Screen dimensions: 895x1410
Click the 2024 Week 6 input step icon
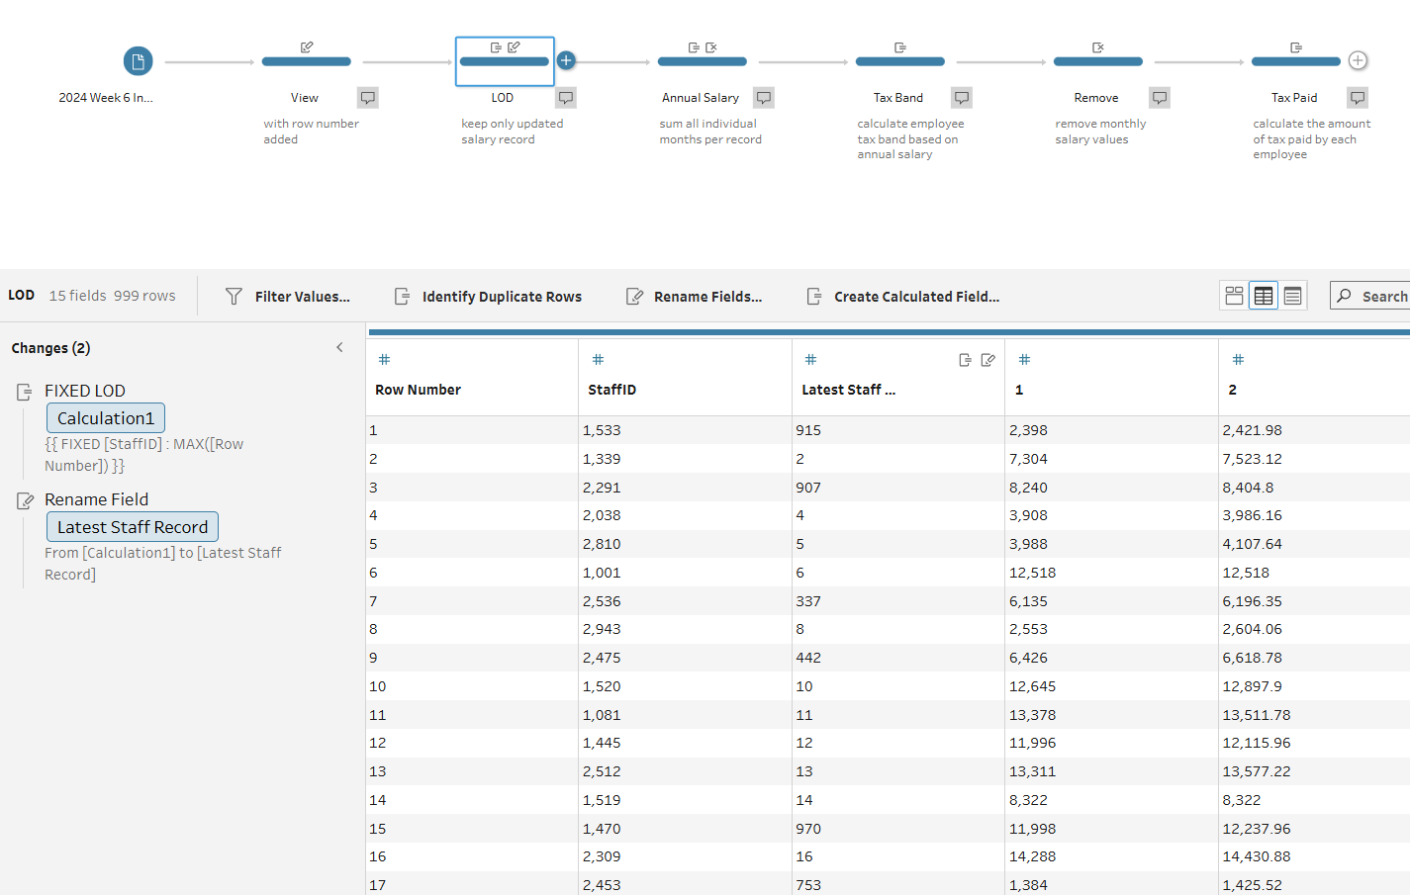(x=139, y=61)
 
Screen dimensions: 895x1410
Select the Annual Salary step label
(x=701, y=98)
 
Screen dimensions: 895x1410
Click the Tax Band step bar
(x=899, y=61)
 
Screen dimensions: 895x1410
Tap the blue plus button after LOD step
(x=566, y=60)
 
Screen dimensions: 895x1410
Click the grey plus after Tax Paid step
(x=1359, y=60)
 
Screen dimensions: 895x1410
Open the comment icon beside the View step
(x=368, y=98)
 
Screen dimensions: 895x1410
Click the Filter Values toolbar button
(x=288, y=297)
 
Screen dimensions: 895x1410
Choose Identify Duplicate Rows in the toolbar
(x=488, y=297)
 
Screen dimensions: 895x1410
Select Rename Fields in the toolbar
(x=695, y=297)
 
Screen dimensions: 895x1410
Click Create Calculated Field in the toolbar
(x=903, y=297)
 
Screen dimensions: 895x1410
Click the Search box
(x=1371, y=297)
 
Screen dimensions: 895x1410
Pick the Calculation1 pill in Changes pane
(x=106, y=418)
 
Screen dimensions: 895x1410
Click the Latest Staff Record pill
(x=133, y=527)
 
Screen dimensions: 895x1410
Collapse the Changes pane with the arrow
(x=339, y=348)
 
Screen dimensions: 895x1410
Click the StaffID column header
(x=611, y=390)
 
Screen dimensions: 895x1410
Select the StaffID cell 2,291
(x=602, y=488)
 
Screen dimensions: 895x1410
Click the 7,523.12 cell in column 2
(x=1252, y=459)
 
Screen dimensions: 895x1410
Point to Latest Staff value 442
(x=808, y=658)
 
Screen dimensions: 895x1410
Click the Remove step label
(x=1096, y=98)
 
